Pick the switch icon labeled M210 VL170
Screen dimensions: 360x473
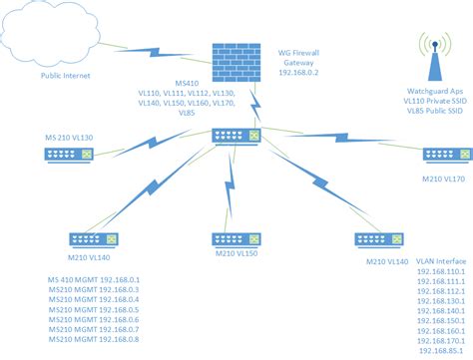(442, 153)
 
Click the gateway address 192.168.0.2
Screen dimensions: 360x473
(299, 73)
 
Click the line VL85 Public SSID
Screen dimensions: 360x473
(431, 110)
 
